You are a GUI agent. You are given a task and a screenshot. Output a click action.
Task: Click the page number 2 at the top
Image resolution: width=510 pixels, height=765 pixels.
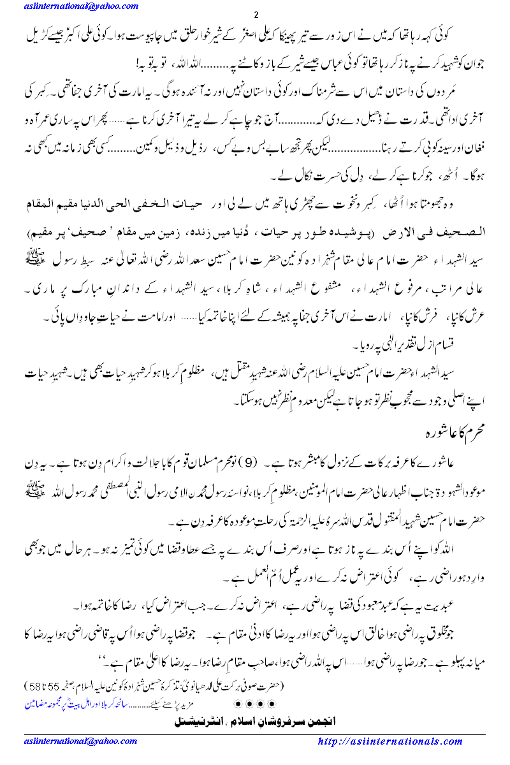tap(255, 15)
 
